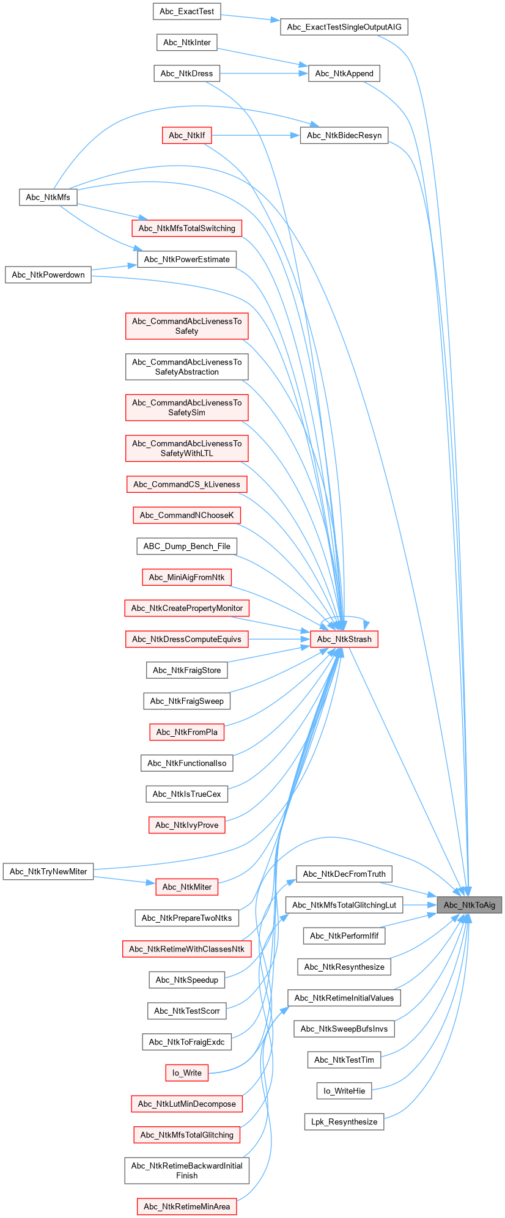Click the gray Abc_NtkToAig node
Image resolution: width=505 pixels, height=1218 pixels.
tap(469, 905)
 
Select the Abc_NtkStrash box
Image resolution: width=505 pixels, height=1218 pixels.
tap(344, 640)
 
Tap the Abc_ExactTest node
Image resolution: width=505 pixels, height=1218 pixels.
tap(186, 12)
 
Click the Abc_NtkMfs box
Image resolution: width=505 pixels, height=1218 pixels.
tap(48, 197)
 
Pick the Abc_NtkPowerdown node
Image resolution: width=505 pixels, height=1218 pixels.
tap(48, 275)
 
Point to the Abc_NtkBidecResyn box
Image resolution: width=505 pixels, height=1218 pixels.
tap(344, 136)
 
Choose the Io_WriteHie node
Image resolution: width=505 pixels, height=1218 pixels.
tap(344, 1091)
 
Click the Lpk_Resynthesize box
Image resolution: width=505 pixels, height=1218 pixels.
tap(344, 1122)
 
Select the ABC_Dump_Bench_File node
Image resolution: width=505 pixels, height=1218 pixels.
tap(186, 547)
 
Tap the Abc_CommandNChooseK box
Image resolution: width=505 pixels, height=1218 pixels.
tap(186, 515)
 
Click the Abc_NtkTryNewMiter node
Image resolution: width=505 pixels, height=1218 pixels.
tap(48, 872)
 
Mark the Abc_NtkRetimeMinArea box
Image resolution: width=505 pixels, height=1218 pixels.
tap(186, 1206)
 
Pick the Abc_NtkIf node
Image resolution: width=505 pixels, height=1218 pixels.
tap(186, 136)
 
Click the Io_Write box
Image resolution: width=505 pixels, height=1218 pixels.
tap(186, 1072)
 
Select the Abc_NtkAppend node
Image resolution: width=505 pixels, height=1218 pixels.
tap(344, 73)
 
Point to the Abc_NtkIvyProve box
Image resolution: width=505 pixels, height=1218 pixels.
tap(186, 825)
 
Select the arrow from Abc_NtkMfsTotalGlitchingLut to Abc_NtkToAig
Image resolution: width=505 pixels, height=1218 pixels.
tap(419, 905)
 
